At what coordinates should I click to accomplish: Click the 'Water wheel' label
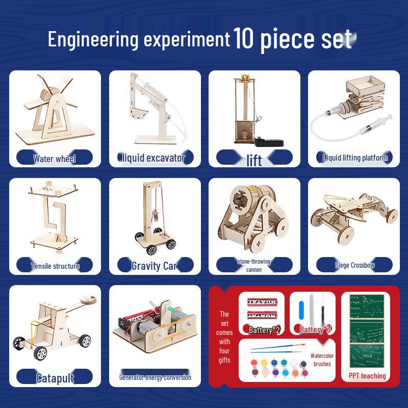coord(55,159)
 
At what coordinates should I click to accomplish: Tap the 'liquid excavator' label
coord(154,158)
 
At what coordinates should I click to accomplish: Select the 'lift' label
coord(254,160)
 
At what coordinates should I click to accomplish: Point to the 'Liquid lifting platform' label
coord(355,158)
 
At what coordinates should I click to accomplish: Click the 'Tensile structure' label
coord(55,266)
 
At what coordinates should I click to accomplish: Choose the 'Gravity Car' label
coord(154,266)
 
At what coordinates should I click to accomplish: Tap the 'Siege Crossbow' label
coord(355,265)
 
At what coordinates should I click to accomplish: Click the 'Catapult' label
coord(55,378)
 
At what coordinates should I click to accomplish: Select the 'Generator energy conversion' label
coord(155,377)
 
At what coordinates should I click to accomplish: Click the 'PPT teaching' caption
coord(367,376)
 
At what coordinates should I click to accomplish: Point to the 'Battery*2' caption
coord(264,330)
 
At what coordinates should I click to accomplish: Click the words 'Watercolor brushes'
coord(322,360)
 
